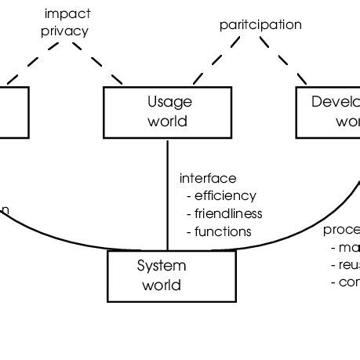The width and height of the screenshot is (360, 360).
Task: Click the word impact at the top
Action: pos(67,13)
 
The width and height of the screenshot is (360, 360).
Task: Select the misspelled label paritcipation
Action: pos(260,24)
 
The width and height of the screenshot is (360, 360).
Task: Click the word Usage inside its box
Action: pos(169,102)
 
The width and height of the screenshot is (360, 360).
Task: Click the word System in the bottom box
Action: pos(161,265)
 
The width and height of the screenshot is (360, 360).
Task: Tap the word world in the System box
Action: pos(161,285)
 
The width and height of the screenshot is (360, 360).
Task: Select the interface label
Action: pos(208,178)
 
